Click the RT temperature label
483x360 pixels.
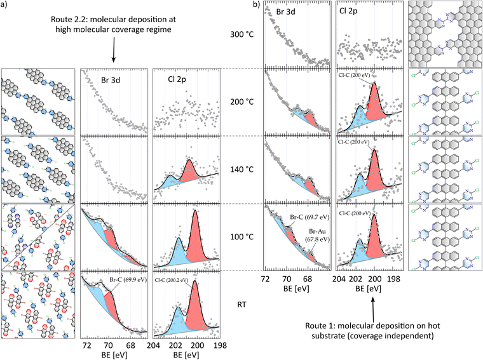241,305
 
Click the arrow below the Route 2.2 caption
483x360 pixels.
113,49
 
